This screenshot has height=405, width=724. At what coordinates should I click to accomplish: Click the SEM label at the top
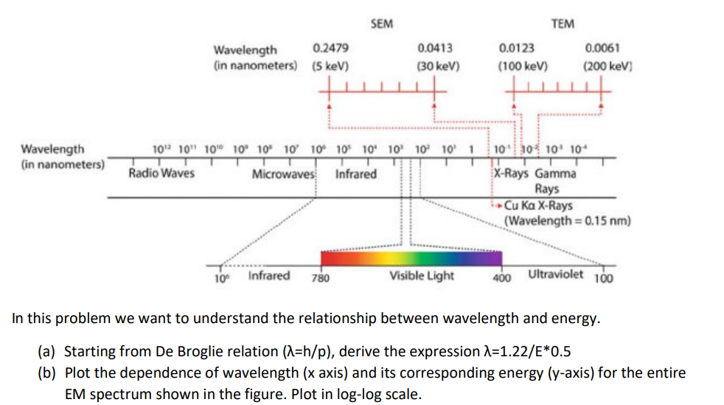[381, 24]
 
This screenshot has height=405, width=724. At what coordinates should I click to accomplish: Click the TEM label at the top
[563, 24]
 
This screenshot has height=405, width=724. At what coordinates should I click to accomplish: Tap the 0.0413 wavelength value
[435, 49]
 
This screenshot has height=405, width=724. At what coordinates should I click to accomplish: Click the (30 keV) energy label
[438, 65]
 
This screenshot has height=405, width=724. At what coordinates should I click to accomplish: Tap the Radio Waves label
[161, 174]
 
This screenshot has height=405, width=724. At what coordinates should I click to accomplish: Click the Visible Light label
[422, 277]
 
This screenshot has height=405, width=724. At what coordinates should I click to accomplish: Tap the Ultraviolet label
[556, 275]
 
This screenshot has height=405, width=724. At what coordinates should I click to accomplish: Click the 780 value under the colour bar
[320, 279]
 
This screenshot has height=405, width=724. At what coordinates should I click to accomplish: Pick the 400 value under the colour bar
[502, 279]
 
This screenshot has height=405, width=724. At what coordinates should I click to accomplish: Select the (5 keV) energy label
[330, 65]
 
